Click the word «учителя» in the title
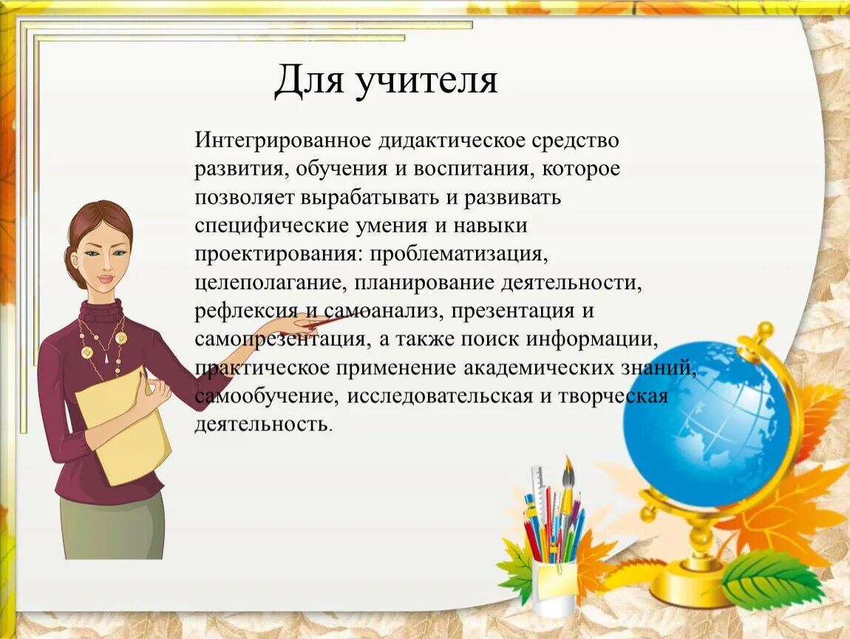click(x=426, y=81)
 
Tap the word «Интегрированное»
click(x=283, y=141)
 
